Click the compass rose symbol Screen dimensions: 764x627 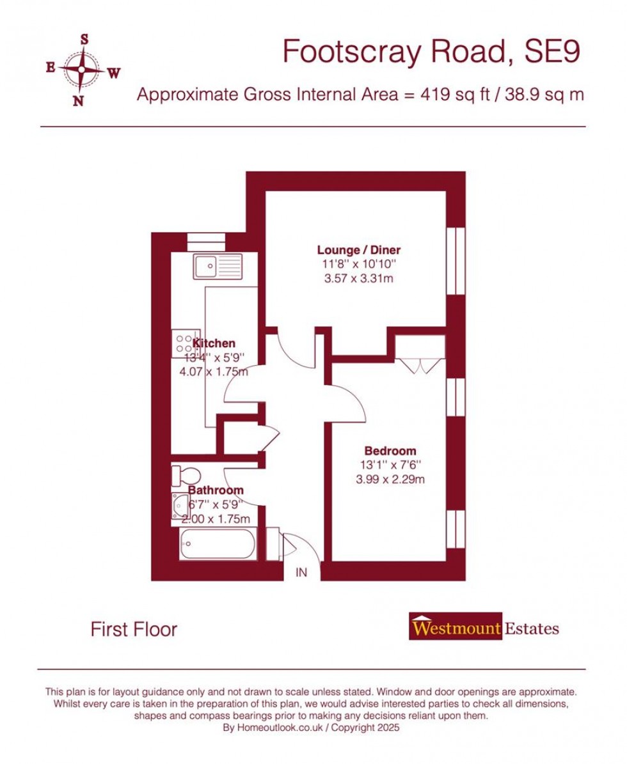click(81, 69)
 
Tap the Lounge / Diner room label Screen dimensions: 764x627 click(359, 250)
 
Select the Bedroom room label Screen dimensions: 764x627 click(390, 451)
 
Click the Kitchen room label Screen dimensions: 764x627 click(214, 343)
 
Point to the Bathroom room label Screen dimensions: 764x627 click(216, 490)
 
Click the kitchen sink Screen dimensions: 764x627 click(218, 266)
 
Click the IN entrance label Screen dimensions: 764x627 click(301, 573)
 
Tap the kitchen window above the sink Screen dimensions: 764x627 click(206, 242)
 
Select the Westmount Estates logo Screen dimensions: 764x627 click(484, 628)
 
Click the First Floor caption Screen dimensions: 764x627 click(134, 630)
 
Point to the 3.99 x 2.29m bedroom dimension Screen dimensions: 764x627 click(390, 479)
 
